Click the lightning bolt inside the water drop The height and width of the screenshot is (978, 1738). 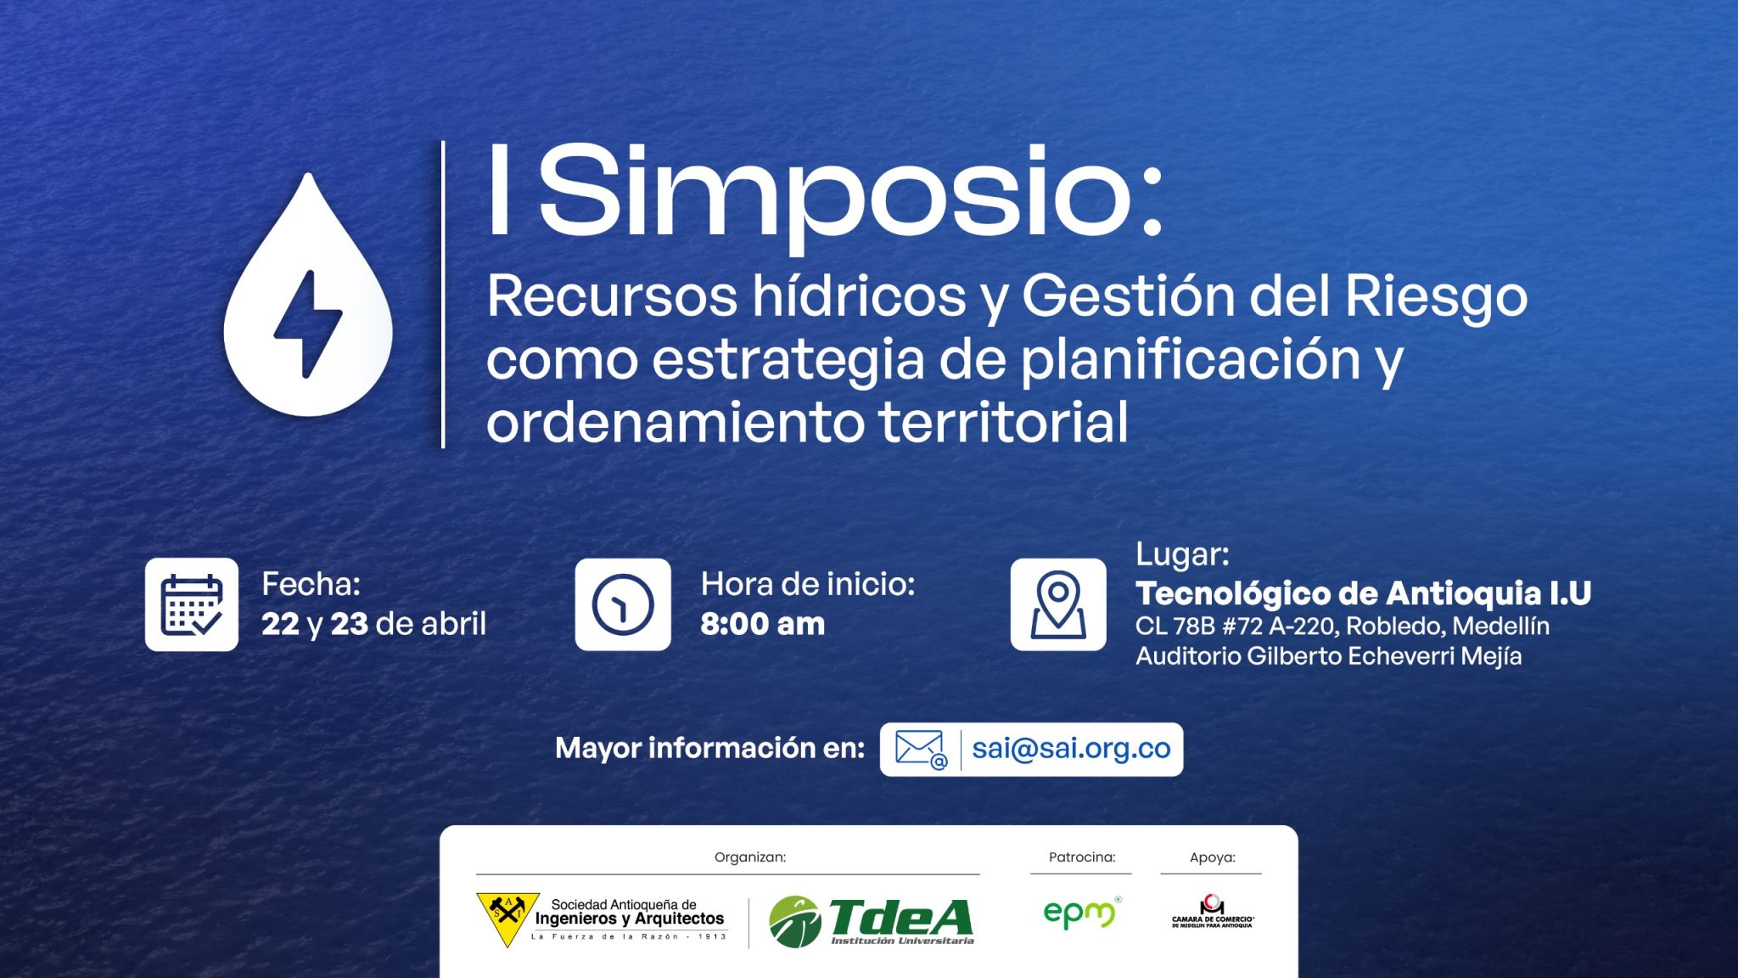(x=307, y=323)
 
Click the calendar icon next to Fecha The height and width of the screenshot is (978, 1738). (x=192, y=604)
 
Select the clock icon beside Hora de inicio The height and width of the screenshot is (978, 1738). (x=623, y=604)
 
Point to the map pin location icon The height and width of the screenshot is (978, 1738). (x=1058, y=604)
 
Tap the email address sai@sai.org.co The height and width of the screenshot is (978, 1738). (x=1071, y=748)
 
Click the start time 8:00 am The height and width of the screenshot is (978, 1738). (x=762, y=624)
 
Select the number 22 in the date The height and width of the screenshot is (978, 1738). (x=280, y=624)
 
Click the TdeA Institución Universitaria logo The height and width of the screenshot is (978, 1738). (x=872, y=921)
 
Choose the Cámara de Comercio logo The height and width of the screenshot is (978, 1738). (x=1213, y=911)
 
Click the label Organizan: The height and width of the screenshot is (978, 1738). (x=750, y=857)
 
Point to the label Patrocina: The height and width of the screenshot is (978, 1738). (x=1082, y=857)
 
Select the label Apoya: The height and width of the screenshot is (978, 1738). (x=1213, y=857)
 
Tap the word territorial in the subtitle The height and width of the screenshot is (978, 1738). (x=1003, y=422)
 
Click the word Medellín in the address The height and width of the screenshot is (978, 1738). (x=1501, y=627)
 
